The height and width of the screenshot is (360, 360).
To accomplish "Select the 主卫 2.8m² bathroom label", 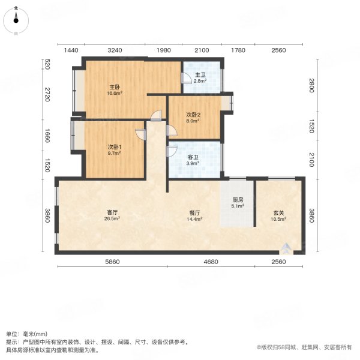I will (200, 78).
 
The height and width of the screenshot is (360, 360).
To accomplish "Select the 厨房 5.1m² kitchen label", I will (238, 203).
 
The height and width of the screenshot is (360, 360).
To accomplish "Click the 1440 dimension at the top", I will (71, 50).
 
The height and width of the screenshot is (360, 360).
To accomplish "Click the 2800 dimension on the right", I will (311, 88).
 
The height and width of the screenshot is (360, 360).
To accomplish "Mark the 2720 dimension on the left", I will (47, 95).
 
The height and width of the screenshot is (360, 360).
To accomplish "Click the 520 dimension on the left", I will (47, 64).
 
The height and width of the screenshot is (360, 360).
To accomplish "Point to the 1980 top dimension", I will (164, 50).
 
